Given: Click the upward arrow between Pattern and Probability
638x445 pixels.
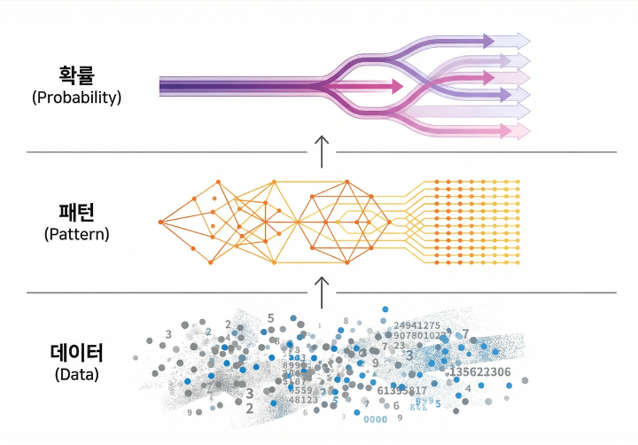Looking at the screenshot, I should click(322, 151).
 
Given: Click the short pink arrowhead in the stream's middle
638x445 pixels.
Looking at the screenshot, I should click(393, 86).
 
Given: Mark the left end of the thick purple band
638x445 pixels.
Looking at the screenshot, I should click(162, 86).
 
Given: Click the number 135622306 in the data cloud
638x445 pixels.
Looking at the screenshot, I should click(480, 371).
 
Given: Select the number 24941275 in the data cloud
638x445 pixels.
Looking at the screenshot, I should click(416, 326).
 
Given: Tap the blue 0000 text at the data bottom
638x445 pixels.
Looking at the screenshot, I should click(376, 419).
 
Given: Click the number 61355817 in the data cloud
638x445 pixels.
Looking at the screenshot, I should click(402, 390).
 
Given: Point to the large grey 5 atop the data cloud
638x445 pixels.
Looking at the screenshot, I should click(270, 317).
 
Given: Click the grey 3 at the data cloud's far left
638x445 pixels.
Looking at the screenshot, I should click(168, 334).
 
